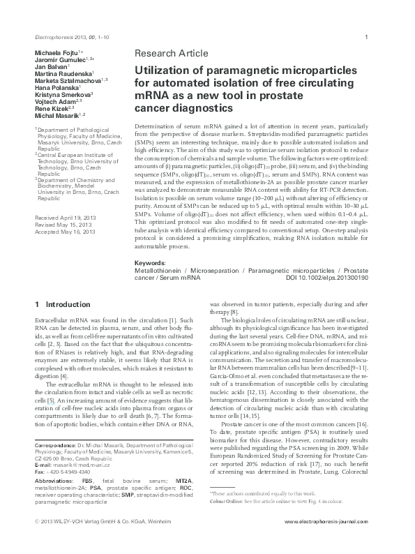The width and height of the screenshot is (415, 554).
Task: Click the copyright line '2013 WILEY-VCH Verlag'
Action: coord(77,541)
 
